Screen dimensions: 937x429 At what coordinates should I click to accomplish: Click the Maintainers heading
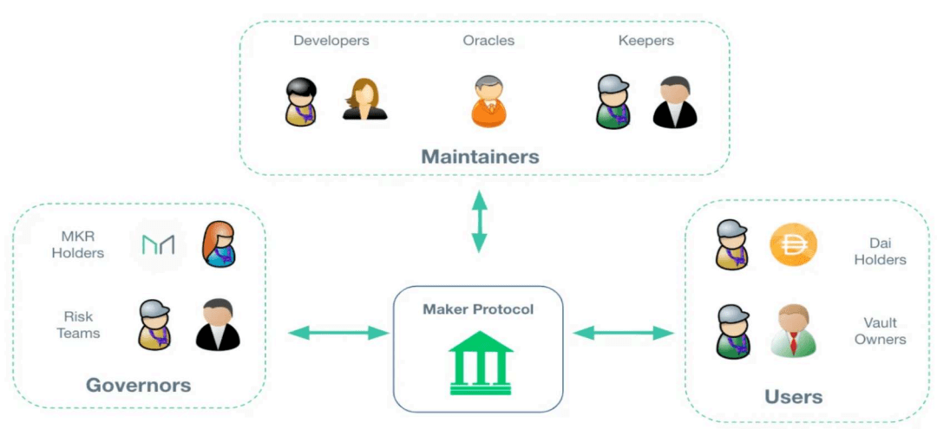coord(481,156)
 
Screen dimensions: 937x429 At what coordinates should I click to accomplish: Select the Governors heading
coord(139,384)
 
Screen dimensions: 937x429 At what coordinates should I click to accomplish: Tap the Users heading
coord(794,397)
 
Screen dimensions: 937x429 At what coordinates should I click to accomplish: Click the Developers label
coord(331,41)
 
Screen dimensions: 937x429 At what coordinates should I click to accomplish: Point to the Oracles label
coord(488,41)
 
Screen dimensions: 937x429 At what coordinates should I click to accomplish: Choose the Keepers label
coord(646,41)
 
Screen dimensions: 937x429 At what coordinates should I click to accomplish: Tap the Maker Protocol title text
coord(477,309)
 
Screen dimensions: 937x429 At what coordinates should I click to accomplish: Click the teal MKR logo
coord(158,244)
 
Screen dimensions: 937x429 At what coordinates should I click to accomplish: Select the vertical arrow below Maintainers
coord(479,221)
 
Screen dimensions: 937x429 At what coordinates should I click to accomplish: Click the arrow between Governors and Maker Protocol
coord(338,333)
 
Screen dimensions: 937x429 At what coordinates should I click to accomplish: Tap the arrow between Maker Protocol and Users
coord(623,333)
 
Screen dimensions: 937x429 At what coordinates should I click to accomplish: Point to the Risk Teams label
coord(78,325)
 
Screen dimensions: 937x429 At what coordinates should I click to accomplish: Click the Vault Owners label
coord(884,331)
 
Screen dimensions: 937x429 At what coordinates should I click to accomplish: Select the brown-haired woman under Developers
coord(364,99)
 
